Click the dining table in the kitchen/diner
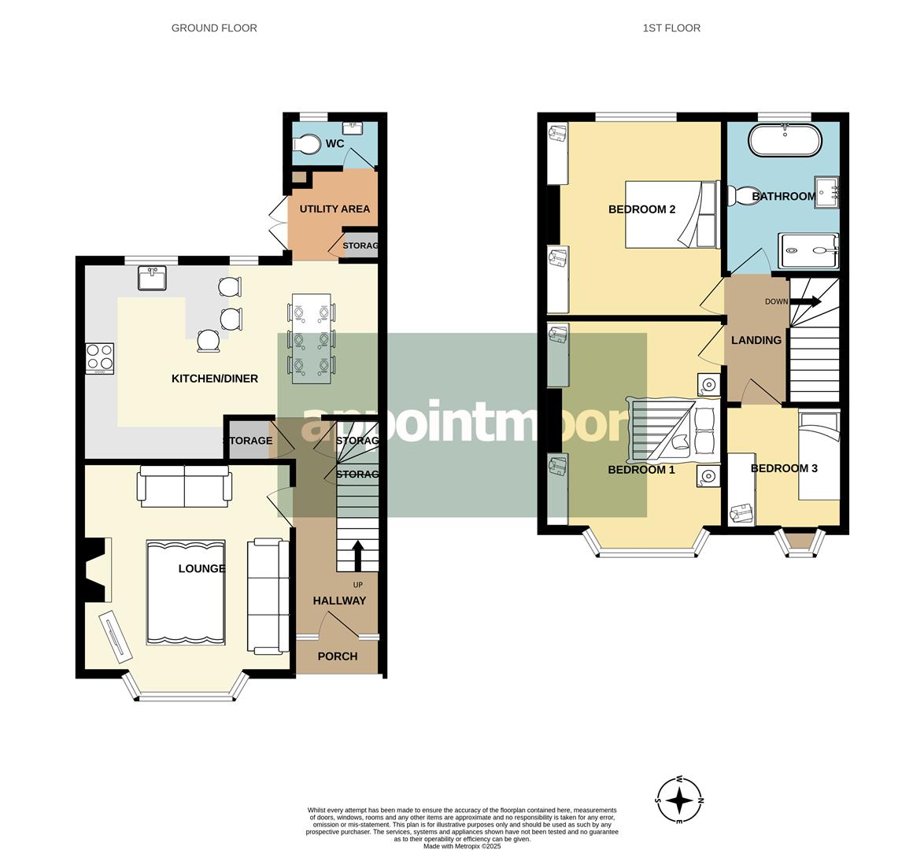click(311, 338)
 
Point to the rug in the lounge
click(186, 593)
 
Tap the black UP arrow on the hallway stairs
click(357, 555)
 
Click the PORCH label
click(337, 656)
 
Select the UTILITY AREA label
click(334, 209)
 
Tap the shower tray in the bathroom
click(808, 251)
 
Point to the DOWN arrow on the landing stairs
click(806, 301)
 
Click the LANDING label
click(756, 340)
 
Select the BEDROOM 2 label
click(641, 209)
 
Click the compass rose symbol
click(679, 800)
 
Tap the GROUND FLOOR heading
click(214, 28)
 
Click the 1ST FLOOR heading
click(671, 28)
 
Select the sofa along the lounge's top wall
click(185, 486)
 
